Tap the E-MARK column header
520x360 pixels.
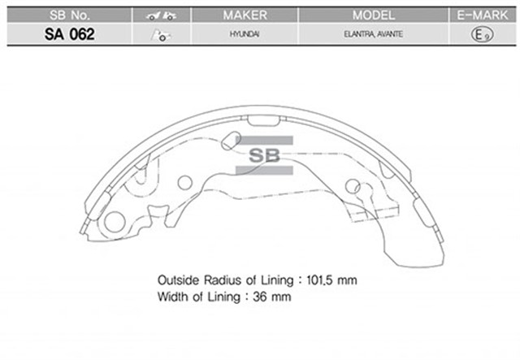[483, 15]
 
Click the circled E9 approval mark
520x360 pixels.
[483, 36]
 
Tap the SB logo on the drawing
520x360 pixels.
[263, 154]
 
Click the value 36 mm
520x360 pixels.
[276, 297]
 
